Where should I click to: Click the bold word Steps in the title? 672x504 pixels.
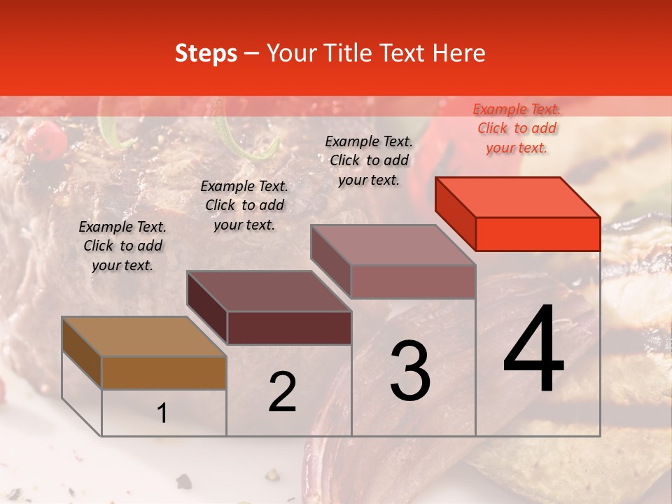(x=206, y=53)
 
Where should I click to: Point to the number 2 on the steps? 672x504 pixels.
(x=282, y=392)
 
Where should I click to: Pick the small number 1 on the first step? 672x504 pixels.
(x=162, y=414)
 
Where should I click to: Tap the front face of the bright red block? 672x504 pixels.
(x=538, y=233)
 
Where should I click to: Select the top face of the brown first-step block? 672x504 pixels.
(x=144, y=337)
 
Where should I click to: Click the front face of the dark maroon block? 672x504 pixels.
(x=289, y=328)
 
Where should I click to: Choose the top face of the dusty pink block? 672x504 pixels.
(x=393, y=245)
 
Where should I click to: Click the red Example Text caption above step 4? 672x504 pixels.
(x=517, y=128)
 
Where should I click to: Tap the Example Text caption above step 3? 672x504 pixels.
(x=369, y=160)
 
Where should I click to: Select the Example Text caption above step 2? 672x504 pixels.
(x=244, y=205)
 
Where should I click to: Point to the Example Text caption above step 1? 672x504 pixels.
(x=122, y=246)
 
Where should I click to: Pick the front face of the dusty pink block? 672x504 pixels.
(x=413, y=281)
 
